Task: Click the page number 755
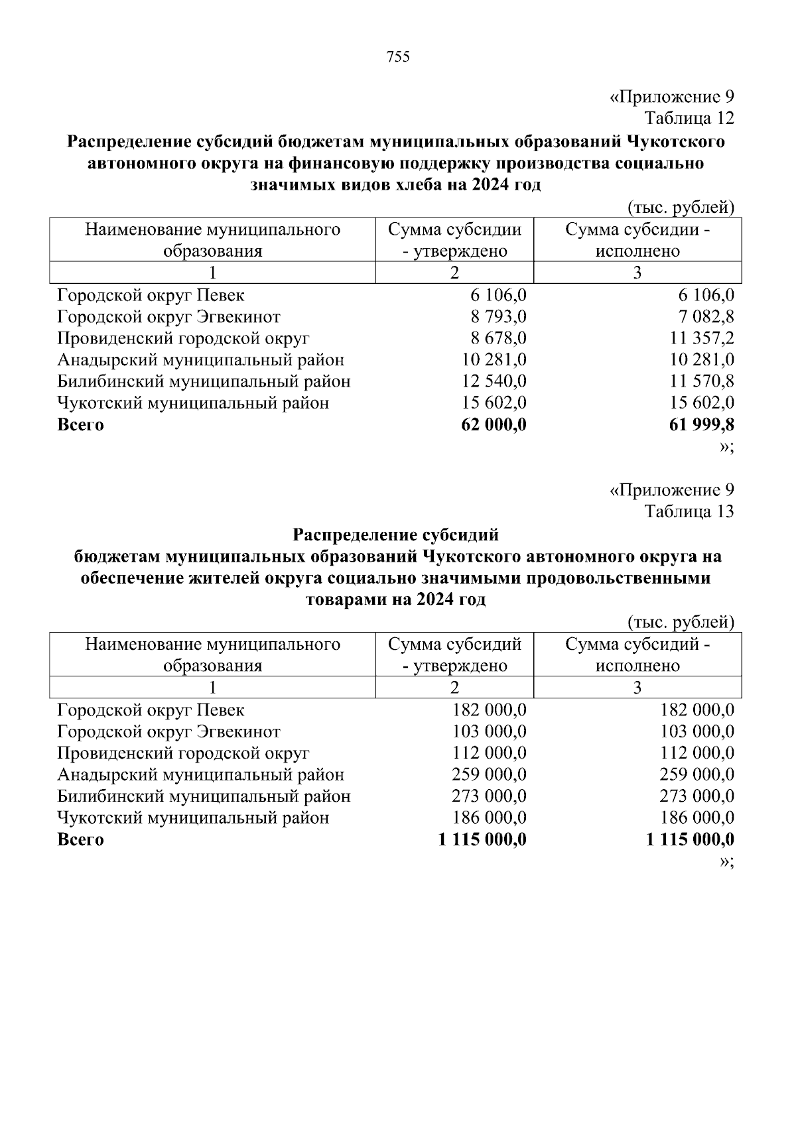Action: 397,57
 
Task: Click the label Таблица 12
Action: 690,119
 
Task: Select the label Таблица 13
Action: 690,512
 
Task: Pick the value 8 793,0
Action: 498,317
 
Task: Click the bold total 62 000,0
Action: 494,424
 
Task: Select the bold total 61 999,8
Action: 701,424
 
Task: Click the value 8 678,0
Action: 498,339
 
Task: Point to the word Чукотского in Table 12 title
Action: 675,142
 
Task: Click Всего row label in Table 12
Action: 80,424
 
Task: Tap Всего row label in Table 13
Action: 80,840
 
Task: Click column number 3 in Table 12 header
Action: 637,273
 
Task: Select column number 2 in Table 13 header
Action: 454,688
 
